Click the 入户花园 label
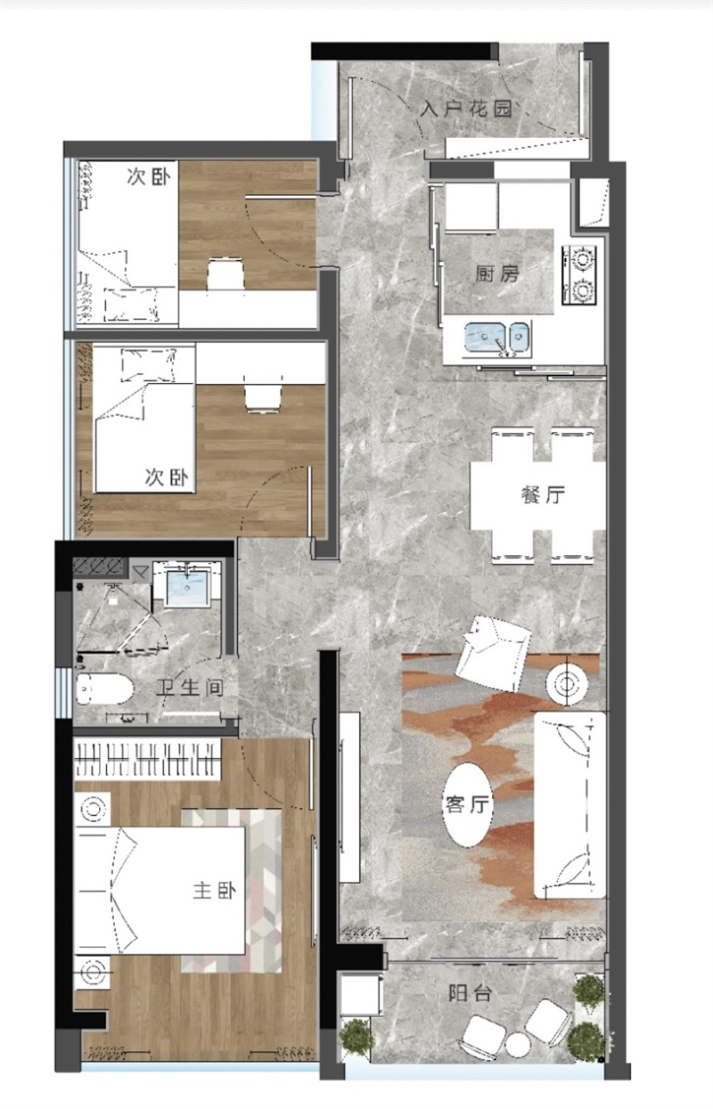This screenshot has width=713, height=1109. coord(465,109)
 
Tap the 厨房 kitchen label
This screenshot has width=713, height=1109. coord(497,273)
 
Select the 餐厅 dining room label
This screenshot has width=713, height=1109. coord(543,494)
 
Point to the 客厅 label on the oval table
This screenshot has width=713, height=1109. coord(467,804)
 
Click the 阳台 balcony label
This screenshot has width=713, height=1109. coord(470,993)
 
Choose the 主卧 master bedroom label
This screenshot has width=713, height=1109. coord(214,891)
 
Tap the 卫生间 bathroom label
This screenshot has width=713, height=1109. coord(190,688)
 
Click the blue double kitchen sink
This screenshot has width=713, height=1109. coord(497,338)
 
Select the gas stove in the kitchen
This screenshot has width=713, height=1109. coord(579,275)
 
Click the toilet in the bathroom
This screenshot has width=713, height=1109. coord(105,689)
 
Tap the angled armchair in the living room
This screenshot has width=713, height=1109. coord(493,654)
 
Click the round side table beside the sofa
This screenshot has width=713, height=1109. coord(568,685)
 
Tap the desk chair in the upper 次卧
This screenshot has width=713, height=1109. coord(226,273)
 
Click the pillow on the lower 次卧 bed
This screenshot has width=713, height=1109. coord(149,365)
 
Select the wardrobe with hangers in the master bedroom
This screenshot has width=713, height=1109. coord(148,760)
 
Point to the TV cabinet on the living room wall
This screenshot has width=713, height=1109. coord(349,797)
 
